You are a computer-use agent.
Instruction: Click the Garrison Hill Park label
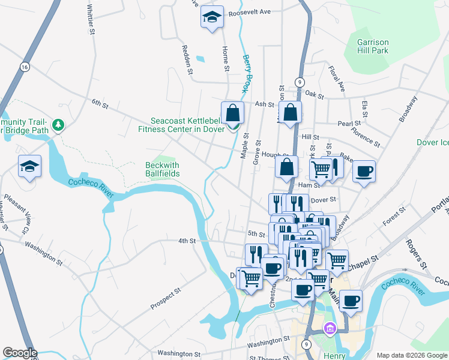point(373,46)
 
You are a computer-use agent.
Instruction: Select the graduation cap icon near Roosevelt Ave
point(212,17)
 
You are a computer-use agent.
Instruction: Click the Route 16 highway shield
point(24,67)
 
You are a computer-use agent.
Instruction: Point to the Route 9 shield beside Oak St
point(299,82)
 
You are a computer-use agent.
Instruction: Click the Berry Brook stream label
point(247,73)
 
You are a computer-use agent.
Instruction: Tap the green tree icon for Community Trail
point(58,125)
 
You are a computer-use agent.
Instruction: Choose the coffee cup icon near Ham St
point(364,172)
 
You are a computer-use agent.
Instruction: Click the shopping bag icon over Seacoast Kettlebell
point(232,112)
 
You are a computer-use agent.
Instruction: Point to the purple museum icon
point(329,328)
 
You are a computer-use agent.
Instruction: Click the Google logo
point(19,353)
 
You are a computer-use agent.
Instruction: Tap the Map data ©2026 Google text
point(411,355)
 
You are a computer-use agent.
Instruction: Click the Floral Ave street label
point(337,79)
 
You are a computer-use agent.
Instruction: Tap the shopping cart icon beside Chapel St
point(337,260)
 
